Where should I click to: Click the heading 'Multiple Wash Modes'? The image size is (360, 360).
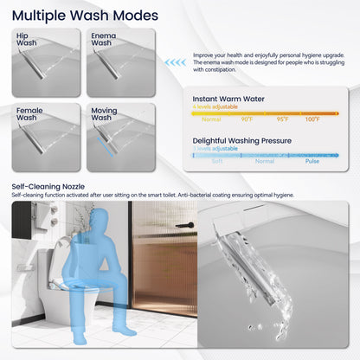[85, 16]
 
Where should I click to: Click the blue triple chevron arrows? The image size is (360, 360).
[175, 62]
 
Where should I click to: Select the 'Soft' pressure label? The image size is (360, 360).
[216, 160]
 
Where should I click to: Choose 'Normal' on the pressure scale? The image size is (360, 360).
[264, 160]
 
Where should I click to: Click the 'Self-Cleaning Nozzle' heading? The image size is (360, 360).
[48, 186]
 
